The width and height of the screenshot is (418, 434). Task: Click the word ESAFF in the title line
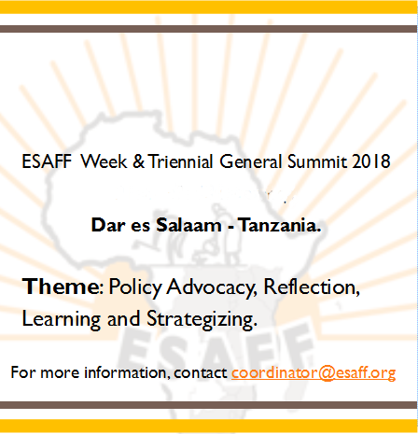47,161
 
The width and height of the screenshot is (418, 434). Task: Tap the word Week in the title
104,161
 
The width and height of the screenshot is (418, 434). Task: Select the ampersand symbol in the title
138,161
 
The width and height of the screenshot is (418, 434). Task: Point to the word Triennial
181,161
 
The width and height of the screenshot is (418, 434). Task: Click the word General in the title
251,161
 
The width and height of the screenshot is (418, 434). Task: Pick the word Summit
317,161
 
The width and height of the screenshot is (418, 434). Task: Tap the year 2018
371,161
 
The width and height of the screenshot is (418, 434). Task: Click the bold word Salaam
188,225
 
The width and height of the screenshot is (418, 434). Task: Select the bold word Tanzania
279,225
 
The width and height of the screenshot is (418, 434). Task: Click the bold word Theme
61,287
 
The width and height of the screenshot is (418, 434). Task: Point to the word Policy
135,287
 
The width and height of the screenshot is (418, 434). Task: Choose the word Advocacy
212,287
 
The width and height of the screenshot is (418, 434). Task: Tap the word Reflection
312,287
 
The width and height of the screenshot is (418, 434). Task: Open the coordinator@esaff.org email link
313,372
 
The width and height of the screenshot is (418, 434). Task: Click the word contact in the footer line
201,372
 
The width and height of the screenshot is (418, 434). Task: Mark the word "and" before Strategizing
123,318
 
